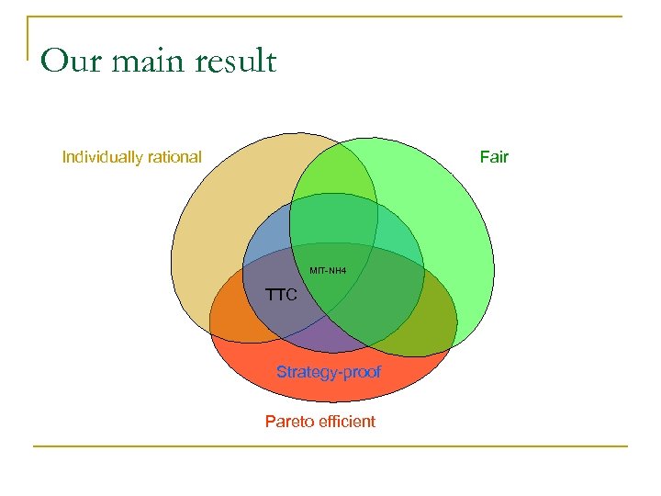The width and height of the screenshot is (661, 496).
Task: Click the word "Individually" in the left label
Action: point(101,157)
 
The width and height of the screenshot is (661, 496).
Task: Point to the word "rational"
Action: point(173,157)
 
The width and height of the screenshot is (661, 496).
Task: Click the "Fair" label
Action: point(494,157)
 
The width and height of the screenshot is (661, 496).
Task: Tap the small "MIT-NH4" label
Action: point(328,270)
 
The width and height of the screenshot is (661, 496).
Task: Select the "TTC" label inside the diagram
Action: point(281,296)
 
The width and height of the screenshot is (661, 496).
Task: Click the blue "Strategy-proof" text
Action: point(329,372)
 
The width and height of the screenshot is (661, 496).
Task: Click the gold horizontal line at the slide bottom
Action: point(330,446)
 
